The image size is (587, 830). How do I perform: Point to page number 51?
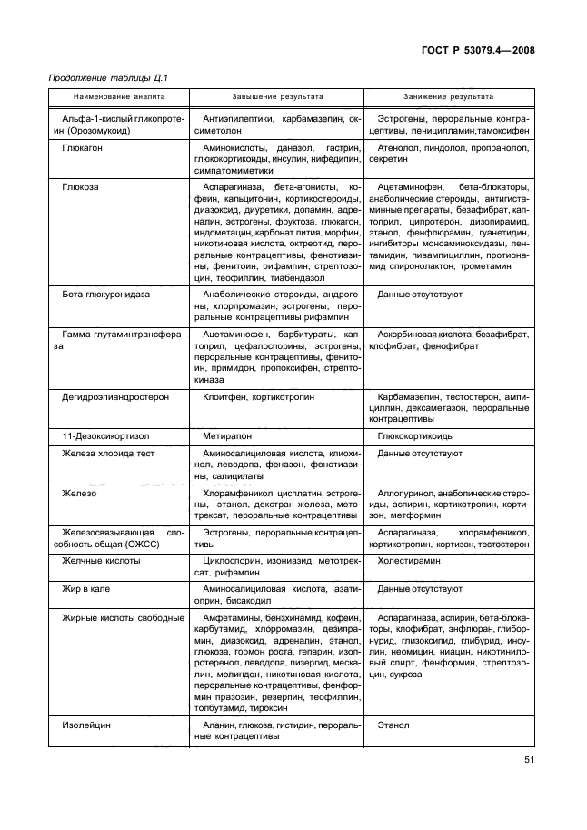[528, 760]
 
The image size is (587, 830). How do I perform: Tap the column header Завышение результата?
[277, 95]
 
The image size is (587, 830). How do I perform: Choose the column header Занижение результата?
[449, 95]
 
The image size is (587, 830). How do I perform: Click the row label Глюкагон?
[82, 146]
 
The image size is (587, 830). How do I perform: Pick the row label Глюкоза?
[80, 186]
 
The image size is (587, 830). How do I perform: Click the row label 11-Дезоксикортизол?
[102, 436]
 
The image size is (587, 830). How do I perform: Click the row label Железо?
[79, 493]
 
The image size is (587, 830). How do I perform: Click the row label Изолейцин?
[85, 725]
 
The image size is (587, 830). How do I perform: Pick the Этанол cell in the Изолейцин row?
[393, 725]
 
